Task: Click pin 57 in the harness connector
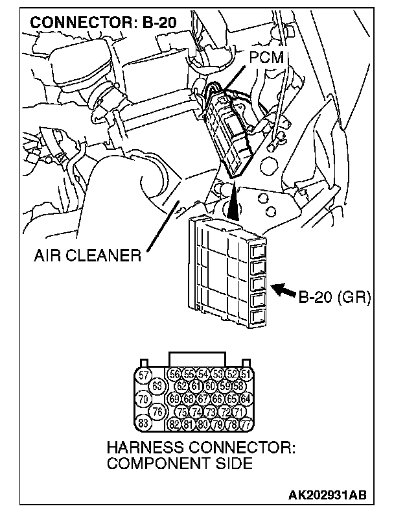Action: click(x=144, y=376)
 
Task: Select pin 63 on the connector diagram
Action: click(x=156, y=387)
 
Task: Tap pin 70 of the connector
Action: click(x=144, y=399)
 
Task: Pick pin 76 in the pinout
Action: click(x=156, y=411)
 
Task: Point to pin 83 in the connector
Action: click(x=144, y=424)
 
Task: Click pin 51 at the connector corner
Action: click(x=245, y=375)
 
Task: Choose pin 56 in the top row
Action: click(x=174, y=375)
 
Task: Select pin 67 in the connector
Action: click(x=203, y=399)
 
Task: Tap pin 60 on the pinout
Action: click(x=209, y=387)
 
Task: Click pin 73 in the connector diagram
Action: click(x=209, y=411)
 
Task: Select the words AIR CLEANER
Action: click(x=87, y=254)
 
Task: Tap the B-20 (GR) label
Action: click(x=333, y=298)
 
